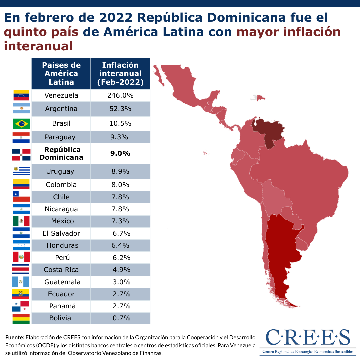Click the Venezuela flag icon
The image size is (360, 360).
(21, 95)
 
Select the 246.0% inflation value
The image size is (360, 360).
(120, 95)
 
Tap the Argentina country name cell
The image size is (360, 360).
(61, 109)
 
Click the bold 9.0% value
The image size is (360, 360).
(120, 153)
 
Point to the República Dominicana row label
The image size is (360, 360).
(61, 153)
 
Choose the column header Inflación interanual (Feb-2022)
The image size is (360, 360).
(120, 74)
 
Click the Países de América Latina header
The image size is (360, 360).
(61, 74)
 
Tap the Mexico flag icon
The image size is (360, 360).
(21, 221)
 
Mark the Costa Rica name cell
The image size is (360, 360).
(61, 270)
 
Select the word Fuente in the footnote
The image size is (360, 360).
(15, 337)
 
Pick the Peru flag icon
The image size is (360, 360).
(21, 257)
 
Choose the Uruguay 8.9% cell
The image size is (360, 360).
(120, 171)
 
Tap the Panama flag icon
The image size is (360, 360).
(21, 306)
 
